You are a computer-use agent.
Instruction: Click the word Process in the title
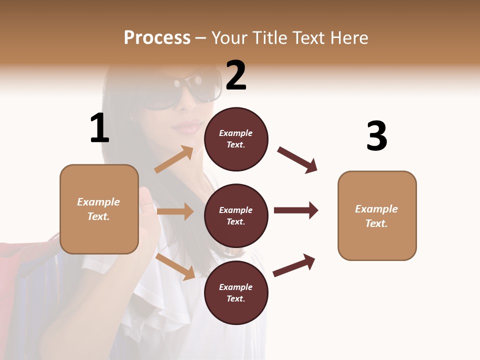click(157, 37)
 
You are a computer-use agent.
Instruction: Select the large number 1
click(99, 128)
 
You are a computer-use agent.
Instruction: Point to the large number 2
click(236, 75)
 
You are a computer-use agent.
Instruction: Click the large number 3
click(377, 136)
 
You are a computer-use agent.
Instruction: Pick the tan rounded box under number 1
click(99, 209)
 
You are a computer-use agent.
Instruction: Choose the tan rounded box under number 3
click(377, 216)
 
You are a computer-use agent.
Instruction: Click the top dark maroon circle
click(236, 139)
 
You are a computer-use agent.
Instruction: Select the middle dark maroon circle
click(236, 216)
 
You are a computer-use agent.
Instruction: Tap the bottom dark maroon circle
click(236, 293)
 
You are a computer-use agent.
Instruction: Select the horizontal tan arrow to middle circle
click(175, 211)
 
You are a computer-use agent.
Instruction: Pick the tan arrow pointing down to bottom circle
click(175, 266)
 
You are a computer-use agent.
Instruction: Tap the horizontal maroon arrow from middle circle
click(296, 210)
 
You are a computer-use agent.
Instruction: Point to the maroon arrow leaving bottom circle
click(294, 265)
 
